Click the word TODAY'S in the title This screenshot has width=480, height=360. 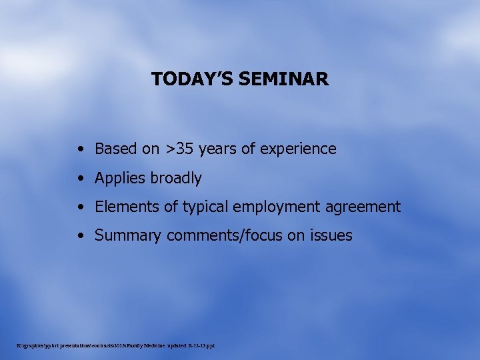191,79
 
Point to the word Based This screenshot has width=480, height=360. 117,149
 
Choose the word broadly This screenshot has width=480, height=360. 176,178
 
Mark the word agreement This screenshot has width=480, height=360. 363,207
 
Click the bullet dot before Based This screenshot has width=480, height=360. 81,149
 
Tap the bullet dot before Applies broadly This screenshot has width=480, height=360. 81,179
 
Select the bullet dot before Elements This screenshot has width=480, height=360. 81,207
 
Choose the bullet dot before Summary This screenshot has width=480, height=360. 81,236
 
